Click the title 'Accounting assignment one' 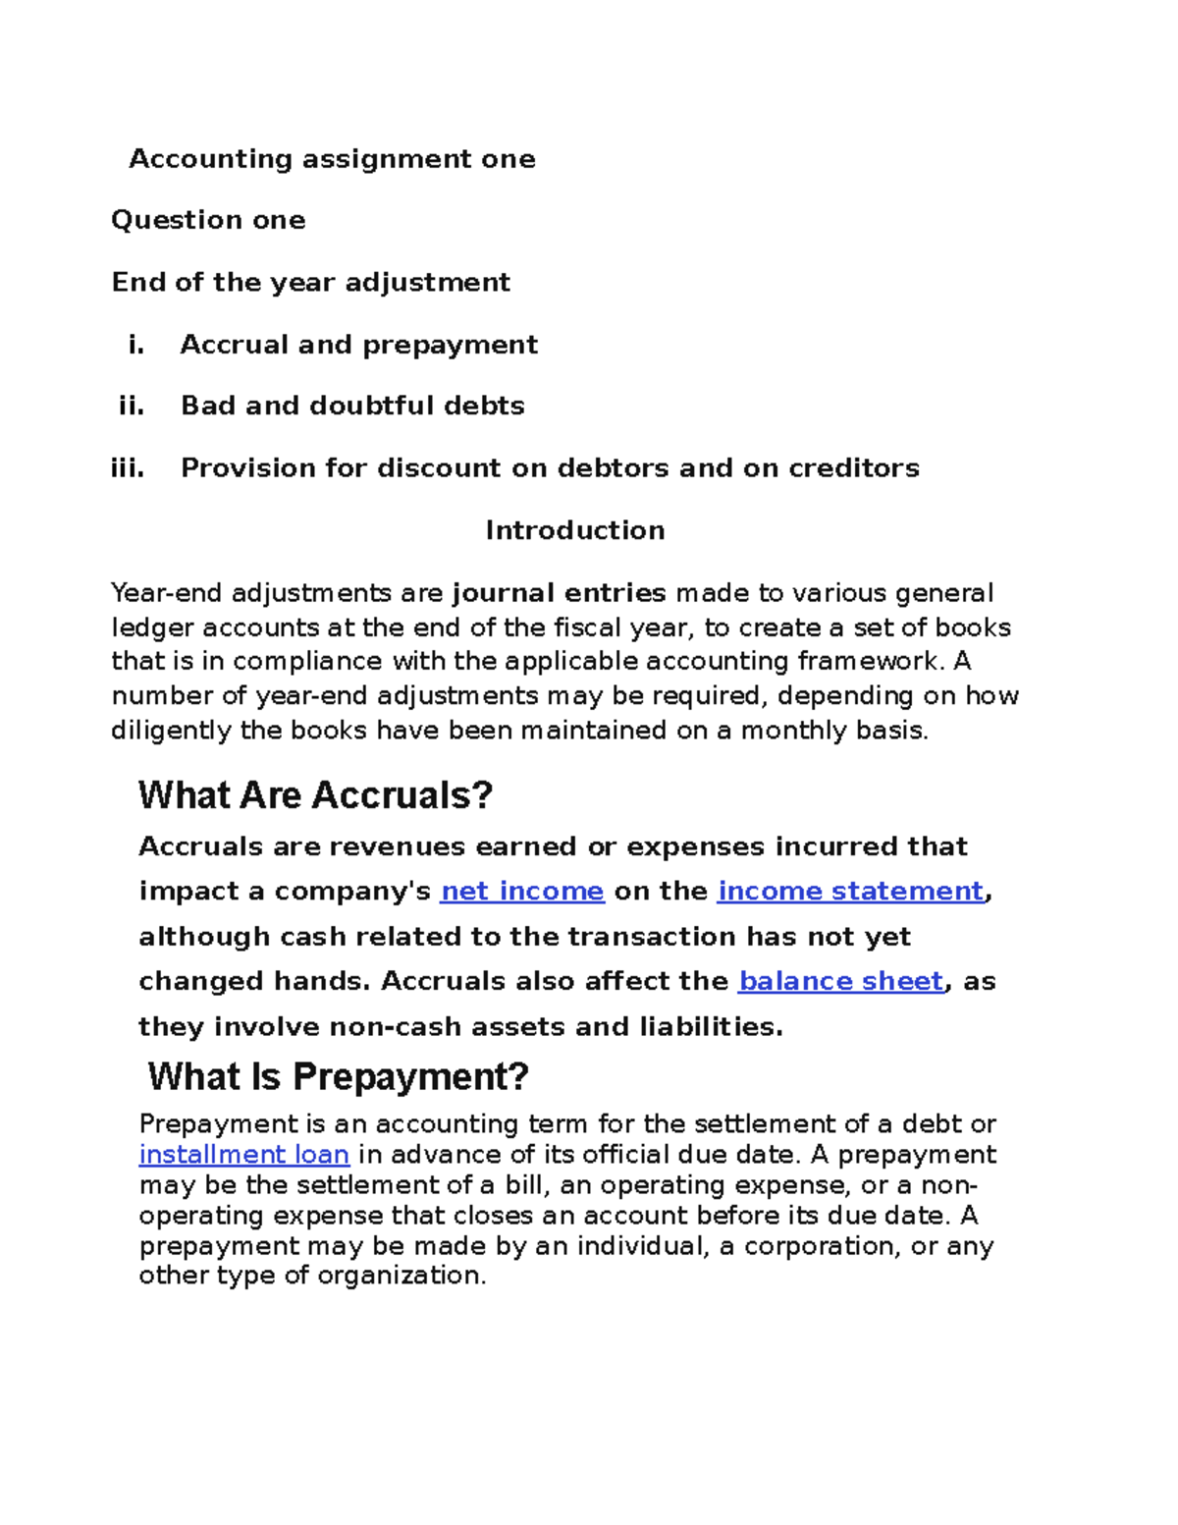(x=332, y=159)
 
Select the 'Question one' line (x=208, y=220)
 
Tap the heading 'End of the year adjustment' (x=310, y=283)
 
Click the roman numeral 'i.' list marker (x=135, y=345)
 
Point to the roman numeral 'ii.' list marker (x=131, y=406)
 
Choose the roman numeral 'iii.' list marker (x=128, y=467)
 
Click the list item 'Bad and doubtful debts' (x=352, y=406)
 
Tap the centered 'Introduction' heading (x=574, y=530)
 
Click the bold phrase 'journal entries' (x=559, y=593)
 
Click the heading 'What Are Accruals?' (x=315, y=794)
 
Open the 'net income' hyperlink (x=522, y=891)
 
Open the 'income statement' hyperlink (x=850, y=891)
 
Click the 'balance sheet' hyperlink (x=840, y=981)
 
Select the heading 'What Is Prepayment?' (x=338, y=1076)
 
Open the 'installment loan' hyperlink (x=244, y=1154)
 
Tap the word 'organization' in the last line (x=400, y=1276)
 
